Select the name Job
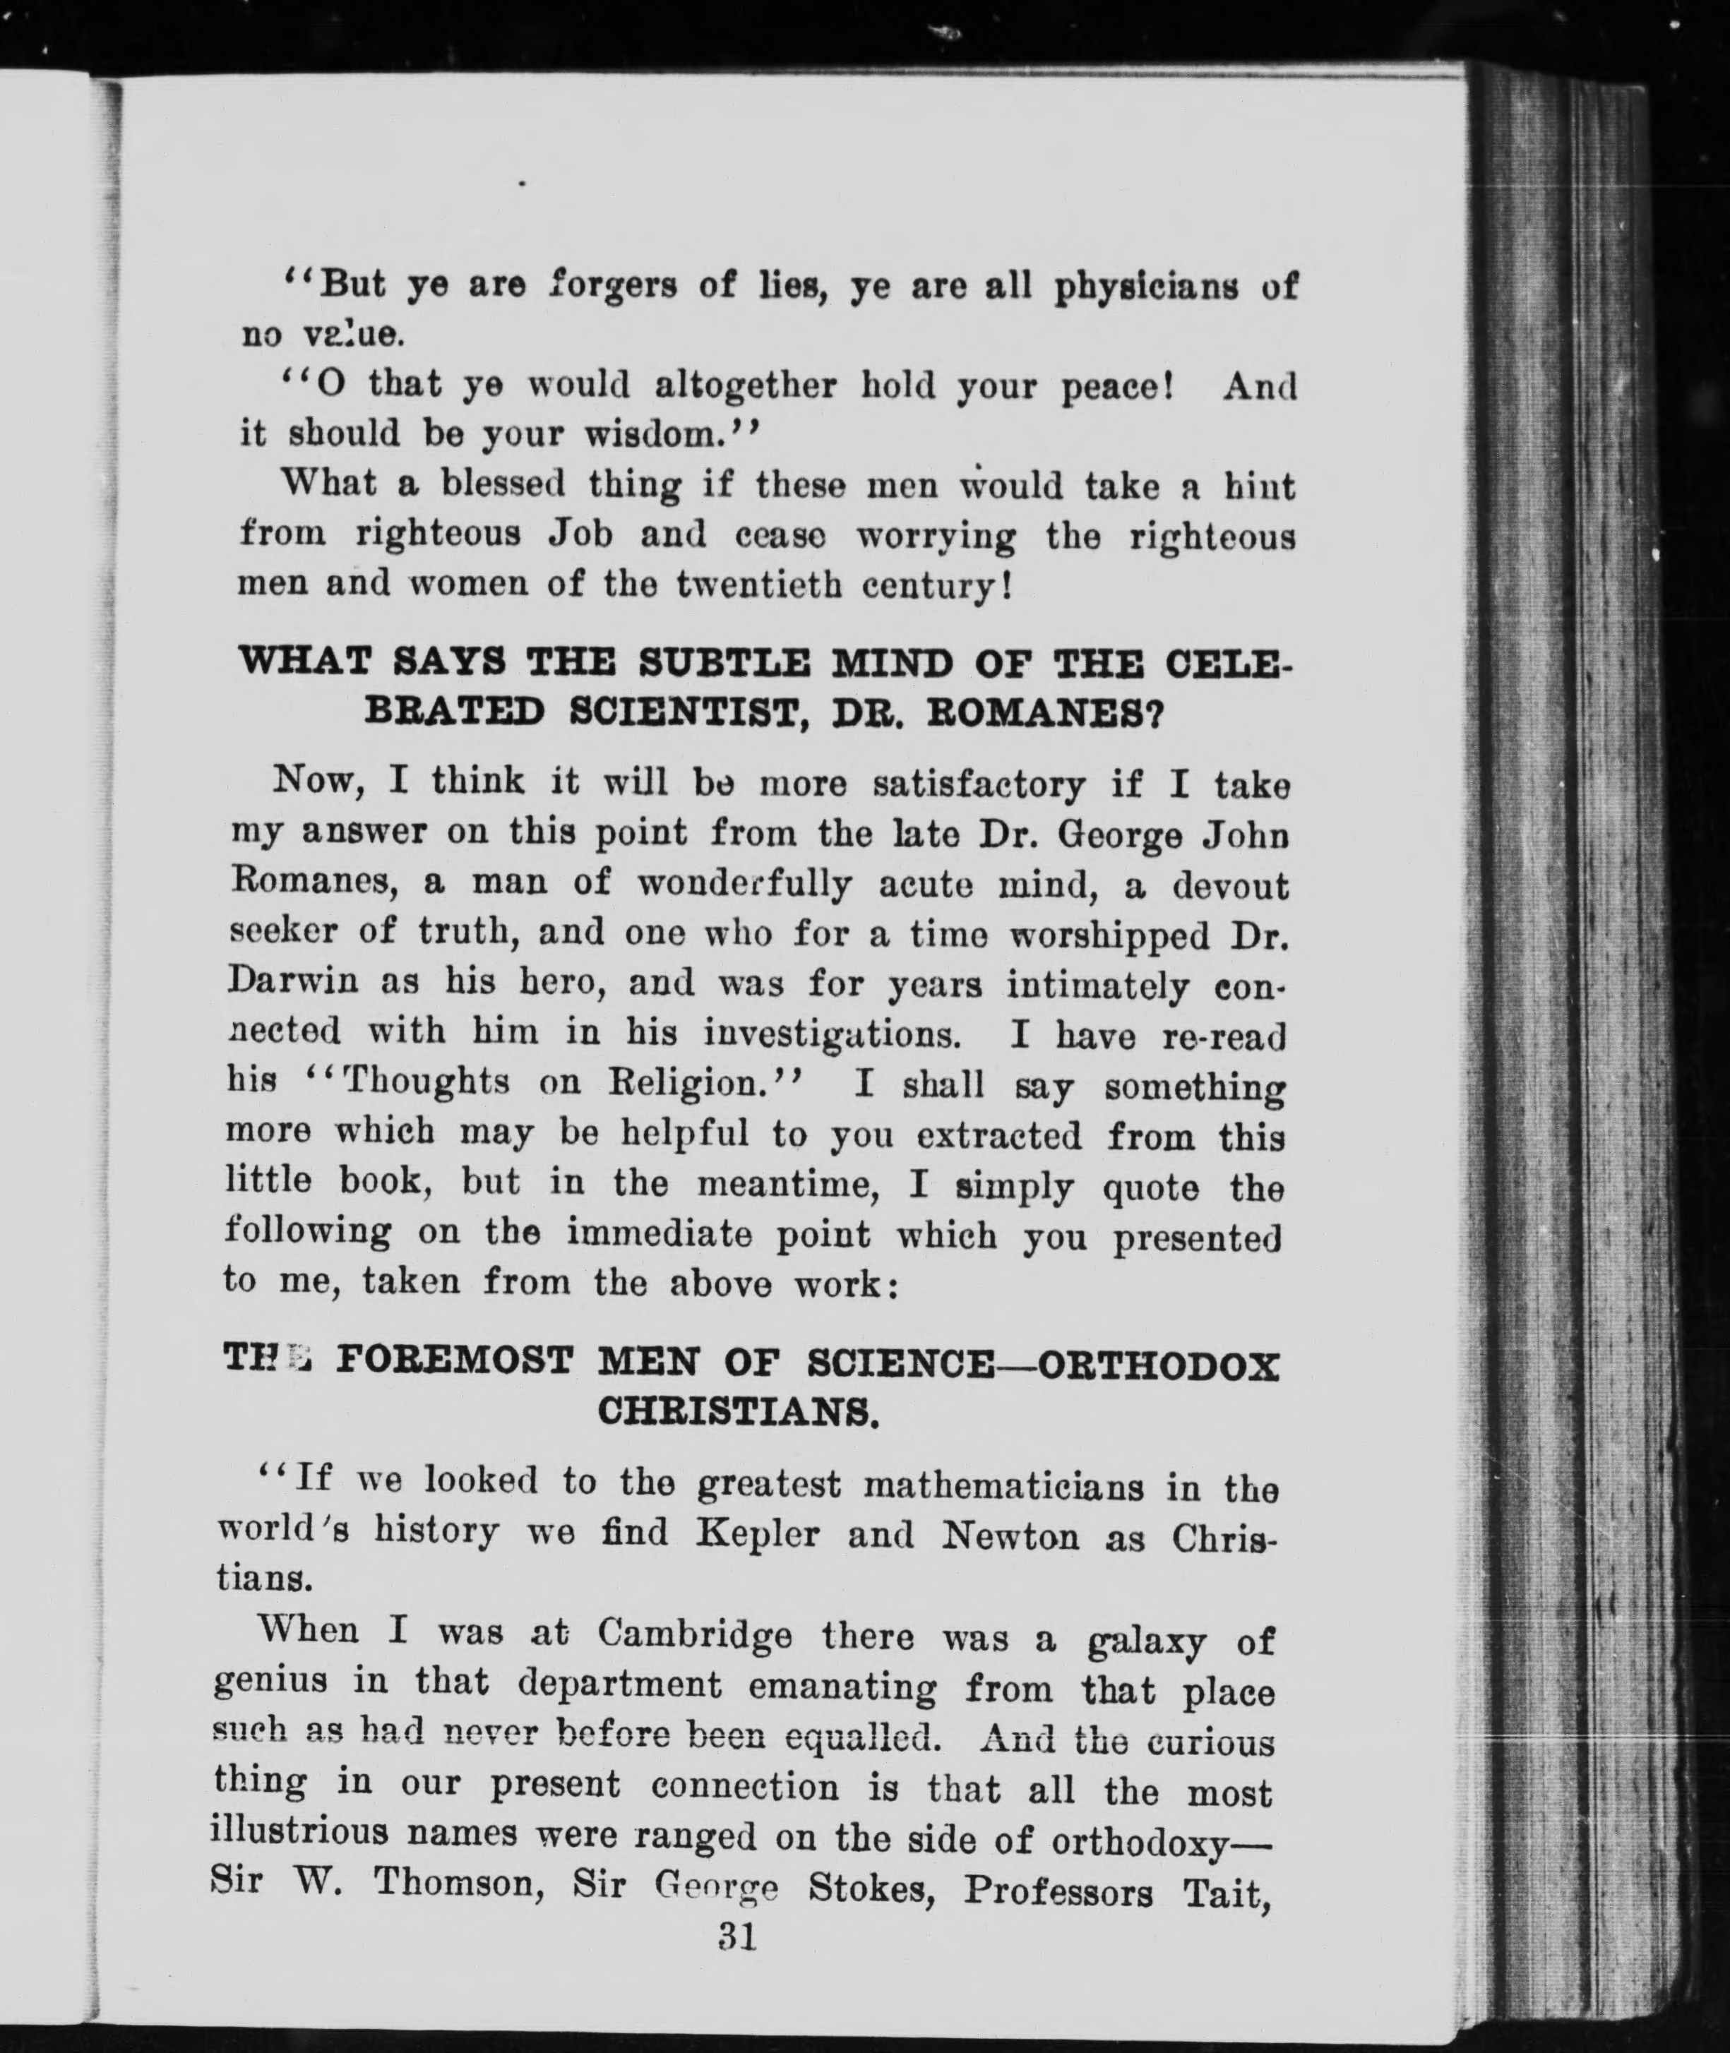tap(580, 535)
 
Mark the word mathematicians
tap(1003, 1488)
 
